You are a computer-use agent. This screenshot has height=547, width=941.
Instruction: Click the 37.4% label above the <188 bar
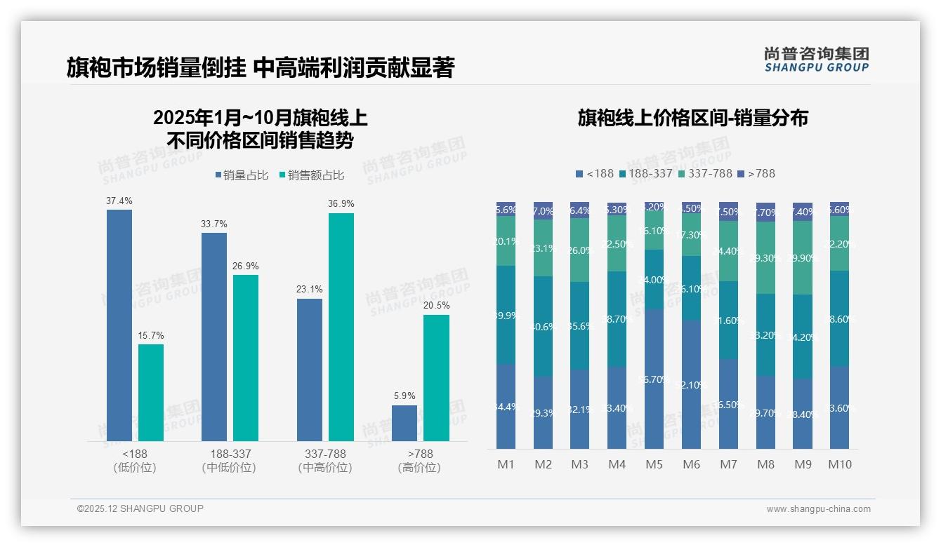point(119,201)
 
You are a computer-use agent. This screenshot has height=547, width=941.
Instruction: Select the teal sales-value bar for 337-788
point(341,327)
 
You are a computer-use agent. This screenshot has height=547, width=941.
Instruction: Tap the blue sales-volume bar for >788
point(404,423)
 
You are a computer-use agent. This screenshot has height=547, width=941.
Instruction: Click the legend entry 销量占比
point(242,175)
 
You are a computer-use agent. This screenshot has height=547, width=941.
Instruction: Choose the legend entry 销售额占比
point(312,175)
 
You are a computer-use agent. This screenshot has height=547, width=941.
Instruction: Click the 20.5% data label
point(437,306)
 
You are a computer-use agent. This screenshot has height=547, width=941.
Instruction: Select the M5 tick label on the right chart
point(654,464)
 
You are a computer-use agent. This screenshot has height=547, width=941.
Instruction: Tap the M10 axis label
point(839,464)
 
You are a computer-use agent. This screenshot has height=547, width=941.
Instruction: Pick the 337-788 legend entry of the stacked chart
point(704,173)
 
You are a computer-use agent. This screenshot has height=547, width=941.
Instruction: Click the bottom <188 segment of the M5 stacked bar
point(654,379)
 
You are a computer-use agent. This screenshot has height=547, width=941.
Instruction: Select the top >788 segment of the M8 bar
point(765,212)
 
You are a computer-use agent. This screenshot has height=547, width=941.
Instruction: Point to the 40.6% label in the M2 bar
point(544,326)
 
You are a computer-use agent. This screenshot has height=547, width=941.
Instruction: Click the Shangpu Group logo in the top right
point(816,59)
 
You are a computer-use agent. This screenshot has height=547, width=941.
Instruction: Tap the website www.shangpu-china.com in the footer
point(818,509)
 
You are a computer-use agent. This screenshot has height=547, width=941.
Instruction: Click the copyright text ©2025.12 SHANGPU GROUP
point(140,508)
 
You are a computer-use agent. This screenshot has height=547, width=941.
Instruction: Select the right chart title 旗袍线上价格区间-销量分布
point(692,118)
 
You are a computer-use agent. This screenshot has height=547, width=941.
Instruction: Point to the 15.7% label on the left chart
point(151,336)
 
